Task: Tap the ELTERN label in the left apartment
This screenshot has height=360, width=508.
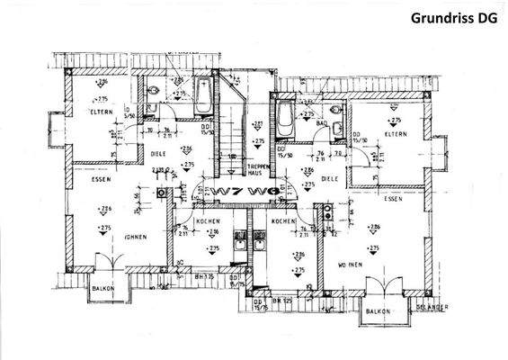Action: click(99, 112)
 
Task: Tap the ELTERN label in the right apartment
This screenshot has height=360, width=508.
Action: click(395, 134)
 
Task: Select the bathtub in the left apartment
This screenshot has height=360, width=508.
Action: click(202, 94)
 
